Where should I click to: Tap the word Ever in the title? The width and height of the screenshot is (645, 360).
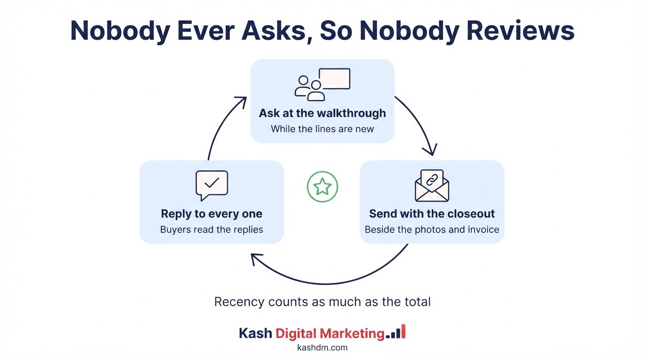pos(206,30)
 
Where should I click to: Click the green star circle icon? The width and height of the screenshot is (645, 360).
pos(322,187)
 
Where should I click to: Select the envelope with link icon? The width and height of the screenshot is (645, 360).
pos(432,186)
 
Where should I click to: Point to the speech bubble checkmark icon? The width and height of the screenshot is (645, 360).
pos(212,185)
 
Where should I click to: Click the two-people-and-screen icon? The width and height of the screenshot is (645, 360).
pos(322,84)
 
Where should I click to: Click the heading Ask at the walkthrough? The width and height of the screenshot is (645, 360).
pos(322,113)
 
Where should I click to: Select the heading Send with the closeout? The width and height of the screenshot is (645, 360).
pos(432,214)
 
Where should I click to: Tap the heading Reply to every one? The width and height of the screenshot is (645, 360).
pos(212,214)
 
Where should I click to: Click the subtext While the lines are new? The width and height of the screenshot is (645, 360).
pos(322,129)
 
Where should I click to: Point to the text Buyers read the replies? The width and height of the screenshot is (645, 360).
pos(212,230)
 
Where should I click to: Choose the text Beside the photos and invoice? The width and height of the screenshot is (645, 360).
pos(432,230)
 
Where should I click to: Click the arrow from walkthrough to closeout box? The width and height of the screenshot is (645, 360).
pos(421,120)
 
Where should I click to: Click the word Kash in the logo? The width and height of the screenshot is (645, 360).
pos(255,333)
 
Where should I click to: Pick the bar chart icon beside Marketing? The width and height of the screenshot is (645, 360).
pos(396,332)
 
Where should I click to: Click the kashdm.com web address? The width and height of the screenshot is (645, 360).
pos(322,348)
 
